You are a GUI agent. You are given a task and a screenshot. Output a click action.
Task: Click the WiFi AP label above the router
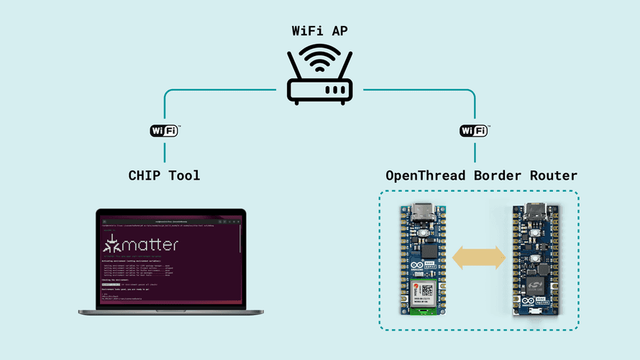(x=319, y=31)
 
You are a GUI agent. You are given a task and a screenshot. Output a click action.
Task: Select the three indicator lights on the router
(x=334, y=91)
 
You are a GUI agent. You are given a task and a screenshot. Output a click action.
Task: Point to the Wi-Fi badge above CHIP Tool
(x=164, y=131)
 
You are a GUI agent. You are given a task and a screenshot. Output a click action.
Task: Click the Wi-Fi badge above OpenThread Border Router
(x=474, y=131)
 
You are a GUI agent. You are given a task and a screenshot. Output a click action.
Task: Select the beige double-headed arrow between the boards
(x=478, y=258)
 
